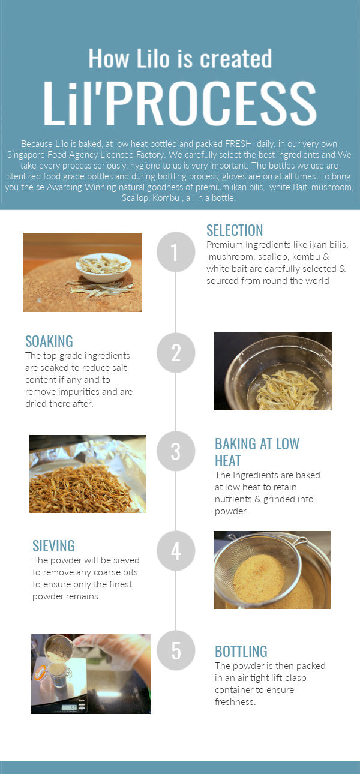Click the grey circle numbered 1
pyautogui.click(x=176, y=251)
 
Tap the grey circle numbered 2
pyautogui.click(x=176, y=352)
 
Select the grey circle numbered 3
pyautogui.click(x=176, y=451)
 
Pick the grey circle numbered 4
pyautogui.click(x=176, y=550)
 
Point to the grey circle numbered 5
pyautogui.click(x=176, y=650)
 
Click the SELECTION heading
pyautogui.click(x=235, y=230)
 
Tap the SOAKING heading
pyautogui.click(x=49, y=341)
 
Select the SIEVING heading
pyautogui.click(x=53, y=546)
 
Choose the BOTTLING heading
pyautogui.click(x=241, y=652)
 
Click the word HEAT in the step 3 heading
pyautogui.click(x=228, y=461)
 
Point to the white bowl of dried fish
pyautogui.click(x=103, y=267)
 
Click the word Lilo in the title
pyautogui.click(x=153, y=58)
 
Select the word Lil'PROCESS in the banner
pyautogui.click(x=179, y=103)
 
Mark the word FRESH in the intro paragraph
pyautogui.click(x=238, y=144)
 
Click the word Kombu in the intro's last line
pyautogui.click(x=166, y=198)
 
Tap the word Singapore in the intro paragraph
pyautogui.click(x=26, y=155)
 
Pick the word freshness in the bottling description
pyautogui.click(x=235, y=702)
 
